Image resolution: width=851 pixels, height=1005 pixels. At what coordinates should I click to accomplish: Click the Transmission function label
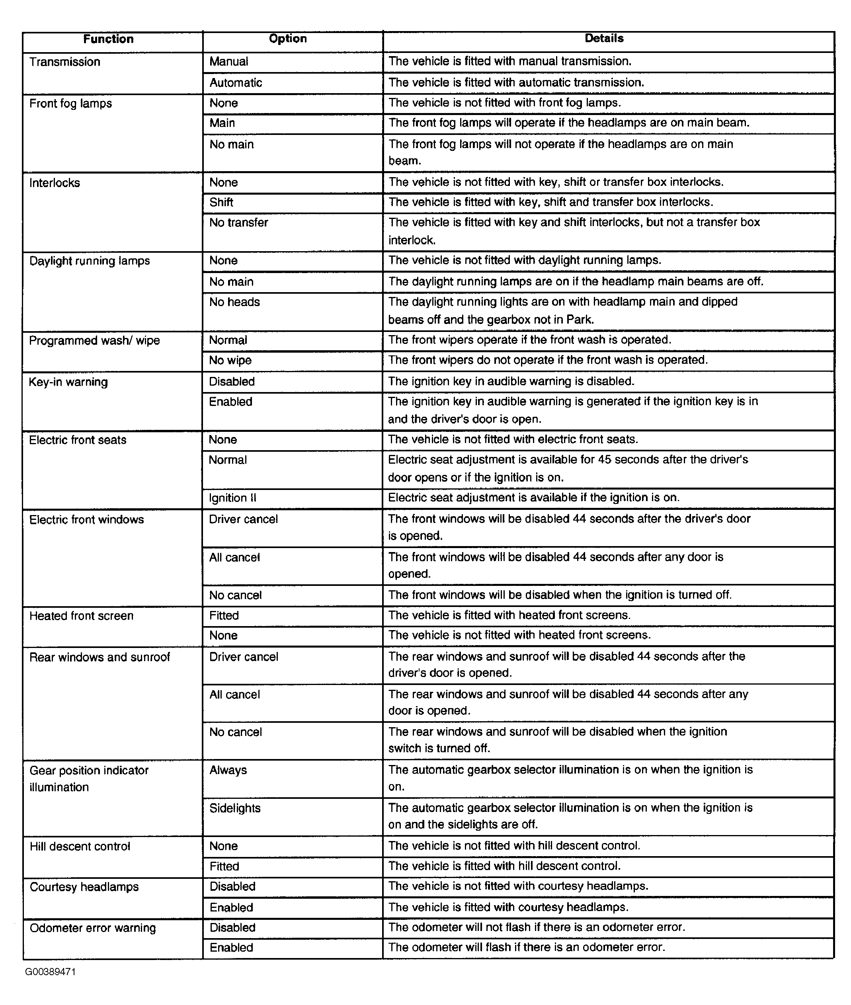(64, 62)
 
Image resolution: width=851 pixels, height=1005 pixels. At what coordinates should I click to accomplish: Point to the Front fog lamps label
(70, 103)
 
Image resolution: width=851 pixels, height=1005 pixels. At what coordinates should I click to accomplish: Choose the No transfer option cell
(238, 222)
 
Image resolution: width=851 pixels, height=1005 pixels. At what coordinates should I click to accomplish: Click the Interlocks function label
(55, 183)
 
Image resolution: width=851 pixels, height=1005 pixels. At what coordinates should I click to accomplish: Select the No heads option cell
(234, 302)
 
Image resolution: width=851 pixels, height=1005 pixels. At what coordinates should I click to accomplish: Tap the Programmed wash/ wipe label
(94, 341)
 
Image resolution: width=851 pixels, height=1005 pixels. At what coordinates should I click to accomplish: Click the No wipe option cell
(230, 361)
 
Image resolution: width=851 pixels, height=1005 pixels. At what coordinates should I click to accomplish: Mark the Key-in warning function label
(68, 382)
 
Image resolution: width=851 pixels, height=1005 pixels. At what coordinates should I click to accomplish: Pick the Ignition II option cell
(232, 498)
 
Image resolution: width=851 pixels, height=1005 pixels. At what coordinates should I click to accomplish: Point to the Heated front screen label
(81, 616)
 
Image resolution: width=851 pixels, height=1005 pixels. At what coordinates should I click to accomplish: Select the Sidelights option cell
(235, 808)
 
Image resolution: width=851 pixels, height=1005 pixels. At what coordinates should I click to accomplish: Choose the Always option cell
(228, 770)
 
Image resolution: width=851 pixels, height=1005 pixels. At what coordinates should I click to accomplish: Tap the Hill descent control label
(80, 846)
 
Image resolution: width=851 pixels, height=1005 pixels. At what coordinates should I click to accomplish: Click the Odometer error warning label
(93, 928)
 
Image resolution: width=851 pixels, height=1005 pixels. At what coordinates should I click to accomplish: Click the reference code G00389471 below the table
(50, 972)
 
